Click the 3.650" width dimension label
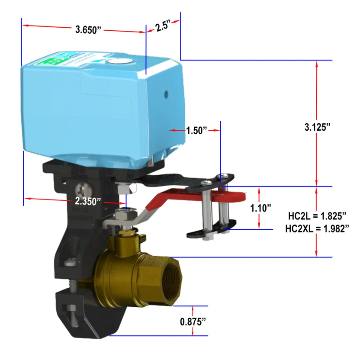point(88,29)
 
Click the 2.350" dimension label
point(88,201)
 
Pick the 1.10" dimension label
point(260,208)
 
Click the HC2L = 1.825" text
point(317,215)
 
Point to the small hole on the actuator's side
point(167,93)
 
